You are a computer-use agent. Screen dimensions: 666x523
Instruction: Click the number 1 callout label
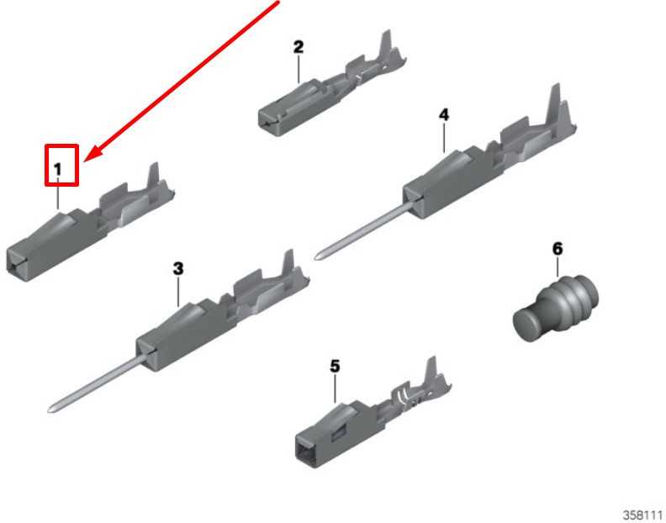[58, 170]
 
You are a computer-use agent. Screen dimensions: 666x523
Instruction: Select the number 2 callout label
[299, 47]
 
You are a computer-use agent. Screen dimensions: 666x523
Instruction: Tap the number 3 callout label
[178, 268]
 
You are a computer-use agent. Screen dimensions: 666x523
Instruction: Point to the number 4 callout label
[443, 114]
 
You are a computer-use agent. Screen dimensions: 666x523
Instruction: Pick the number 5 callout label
[336, 366]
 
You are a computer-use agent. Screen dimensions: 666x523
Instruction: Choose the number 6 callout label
[558, 249]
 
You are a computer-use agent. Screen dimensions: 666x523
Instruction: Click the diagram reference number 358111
[643, 515]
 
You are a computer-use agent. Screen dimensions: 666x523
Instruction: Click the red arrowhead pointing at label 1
[94, 153]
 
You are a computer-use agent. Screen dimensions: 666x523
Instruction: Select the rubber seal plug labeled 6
[556, 308]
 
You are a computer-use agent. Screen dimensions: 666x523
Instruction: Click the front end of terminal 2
[267, 119]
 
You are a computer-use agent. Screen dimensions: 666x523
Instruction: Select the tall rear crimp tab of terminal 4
[555, 103]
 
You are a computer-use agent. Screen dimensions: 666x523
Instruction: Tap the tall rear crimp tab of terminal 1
[152, 177]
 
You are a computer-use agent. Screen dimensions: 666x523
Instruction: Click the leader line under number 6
[558, 267]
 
